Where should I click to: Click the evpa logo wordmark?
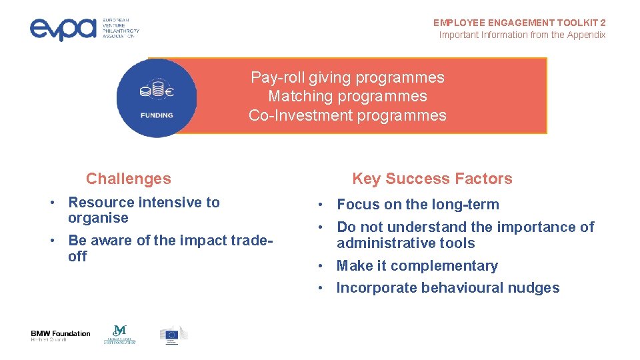click(x=63, y=28)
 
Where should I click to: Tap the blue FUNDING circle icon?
click(x=157, y=98)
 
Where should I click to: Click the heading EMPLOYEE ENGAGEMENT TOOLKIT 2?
click(x=519, y=23)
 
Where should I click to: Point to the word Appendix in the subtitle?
click(x=586, y=35)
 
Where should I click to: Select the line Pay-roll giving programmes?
click(x=347, y=77)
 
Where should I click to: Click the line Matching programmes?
click(x=347, y=96)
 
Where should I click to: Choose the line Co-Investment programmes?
click(x=347, y=115)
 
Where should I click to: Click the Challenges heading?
click(x=128, y=179)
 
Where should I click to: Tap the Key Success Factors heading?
click(x=432, y=179)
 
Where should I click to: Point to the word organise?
click(x=98, y=218)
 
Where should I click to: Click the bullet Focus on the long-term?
click(x=417, y=205)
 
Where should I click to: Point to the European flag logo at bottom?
click(x=173, y=335)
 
